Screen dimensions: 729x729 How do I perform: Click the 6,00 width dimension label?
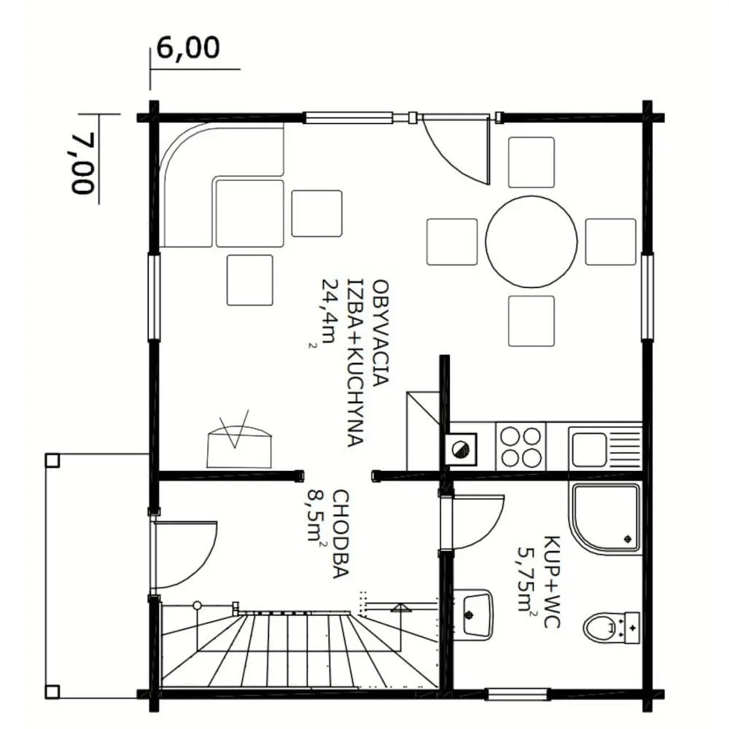pos(188,47)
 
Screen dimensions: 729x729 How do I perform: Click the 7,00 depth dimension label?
pos(84,163)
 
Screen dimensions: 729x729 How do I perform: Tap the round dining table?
pos(531,241)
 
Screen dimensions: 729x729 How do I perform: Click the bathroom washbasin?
pos(472,615)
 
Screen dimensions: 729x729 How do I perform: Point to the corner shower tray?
pos(607,518)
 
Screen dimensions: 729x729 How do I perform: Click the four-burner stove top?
pos(521,447)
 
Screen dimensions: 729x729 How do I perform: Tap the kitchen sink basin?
pos(589,450)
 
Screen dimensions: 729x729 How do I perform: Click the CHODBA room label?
pos(340,534)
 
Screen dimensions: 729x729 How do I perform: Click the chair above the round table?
pos(531,163)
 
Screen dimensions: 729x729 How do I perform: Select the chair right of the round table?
pos(610,242)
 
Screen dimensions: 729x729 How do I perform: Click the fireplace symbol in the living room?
pos(239,440)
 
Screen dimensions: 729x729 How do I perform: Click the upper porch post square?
pos(52,460)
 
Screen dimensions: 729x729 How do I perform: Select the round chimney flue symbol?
pos(461,449)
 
